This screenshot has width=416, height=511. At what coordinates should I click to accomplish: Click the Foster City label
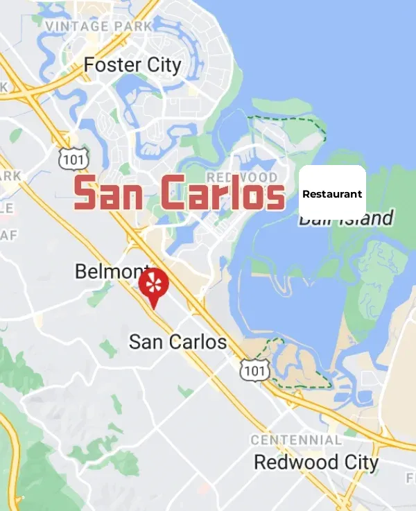coord(132,65)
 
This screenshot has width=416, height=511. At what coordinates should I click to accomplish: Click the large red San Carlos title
coord(179,193)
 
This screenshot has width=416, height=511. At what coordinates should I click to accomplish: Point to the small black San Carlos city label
coord(177,342)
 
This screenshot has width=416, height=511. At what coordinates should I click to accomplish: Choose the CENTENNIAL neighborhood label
coord(296,440)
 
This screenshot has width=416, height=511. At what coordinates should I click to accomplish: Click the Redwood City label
coord(316,462)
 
